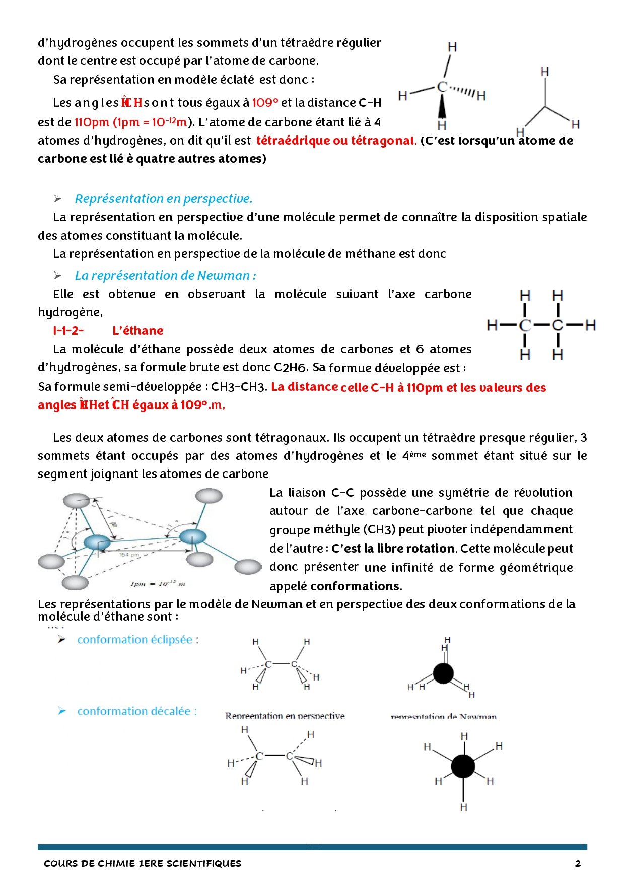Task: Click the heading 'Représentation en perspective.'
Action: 163,199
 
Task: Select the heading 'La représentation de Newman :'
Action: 165,276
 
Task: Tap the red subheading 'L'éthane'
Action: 138,331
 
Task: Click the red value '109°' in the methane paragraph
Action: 265,103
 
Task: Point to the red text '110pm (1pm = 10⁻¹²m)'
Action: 131,122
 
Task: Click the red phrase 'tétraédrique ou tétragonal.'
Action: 336,141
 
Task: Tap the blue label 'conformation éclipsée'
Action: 135,640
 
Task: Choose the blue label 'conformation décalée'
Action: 134,711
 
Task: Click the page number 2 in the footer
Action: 578,863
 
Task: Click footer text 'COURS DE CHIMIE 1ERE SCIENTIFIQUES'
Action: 143,863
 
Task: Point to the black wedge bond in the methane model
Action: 442,107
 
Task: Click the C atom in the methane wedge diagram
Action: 442,87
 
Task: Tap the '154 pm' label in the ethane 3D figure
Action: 129,555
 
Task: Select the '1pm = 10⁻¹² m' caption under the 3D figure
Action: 158,584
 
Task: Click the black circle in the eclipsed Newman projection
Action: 443,673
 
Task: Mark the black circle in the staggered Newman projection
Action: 463,766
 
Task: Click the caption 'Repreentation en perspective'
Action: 285,716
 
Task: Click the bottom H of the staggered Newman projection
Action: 463,807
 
